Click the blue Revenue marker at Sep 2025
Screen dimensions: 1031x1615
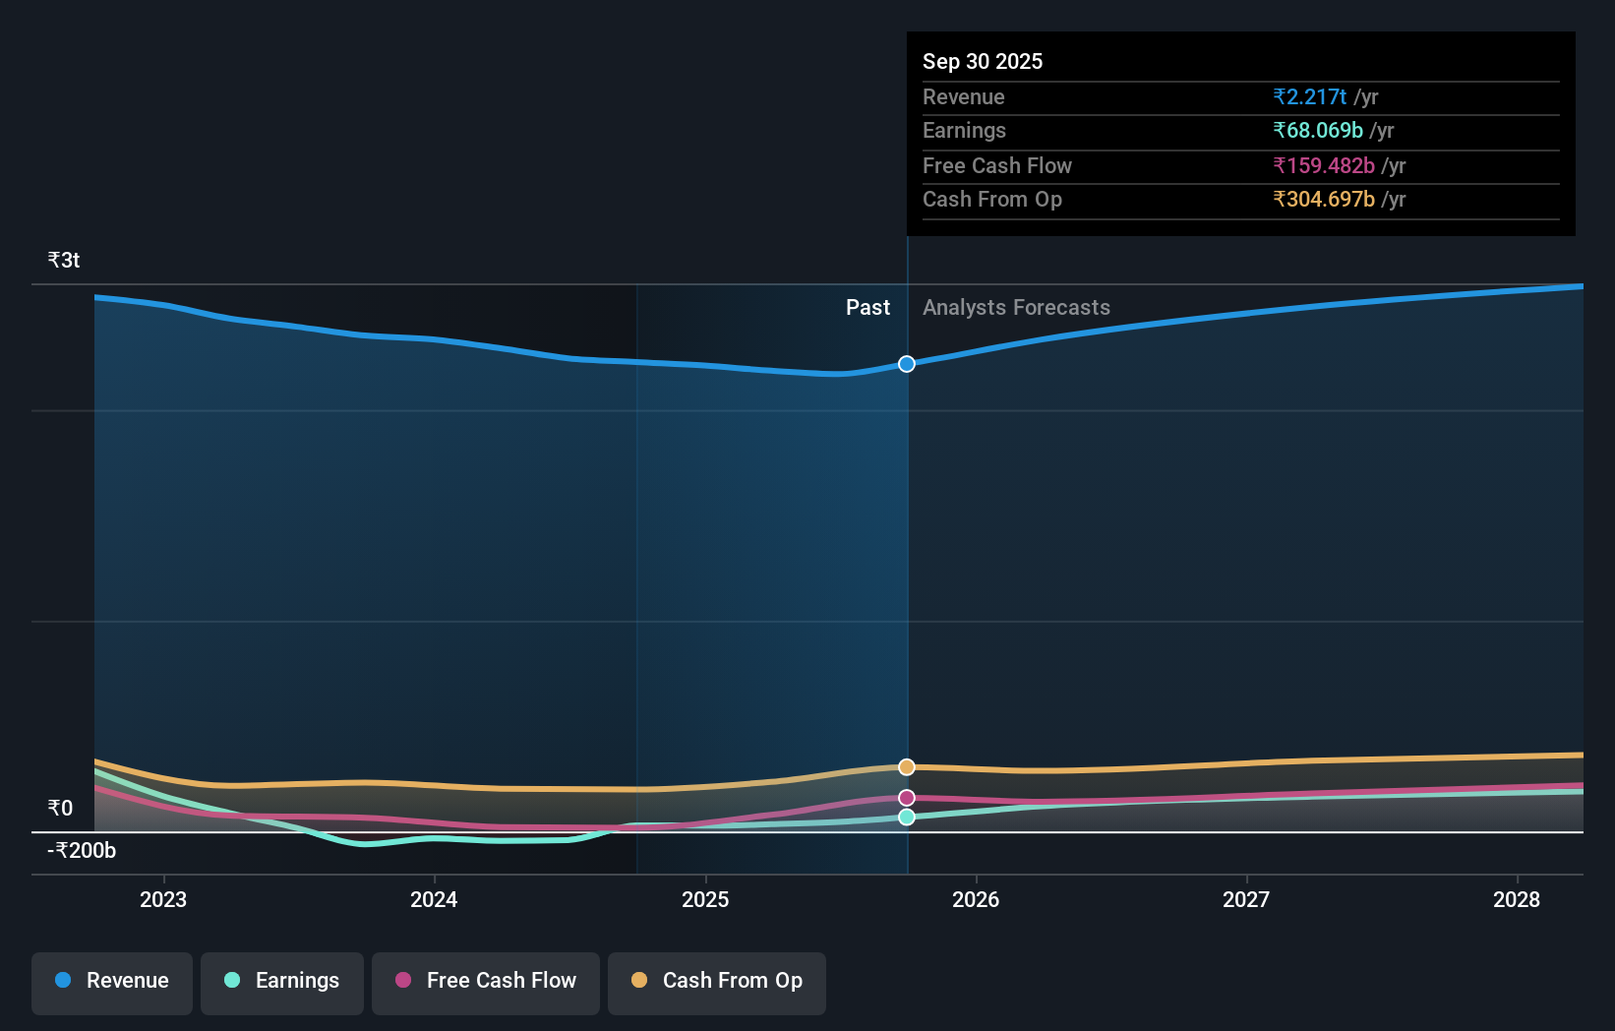tap(907, 364)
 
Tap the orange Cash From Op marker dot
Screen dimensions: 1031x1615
tap(907, 766)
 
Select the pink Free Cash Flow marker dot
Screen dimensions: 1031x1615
tap(907, 798)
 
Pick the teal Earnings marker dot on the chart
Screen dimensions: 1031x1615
tap(907, 818)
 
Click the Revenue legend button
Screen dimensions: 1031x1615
tap(112, 981)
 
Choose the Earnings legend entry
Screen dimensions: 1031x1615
tap(282, 981)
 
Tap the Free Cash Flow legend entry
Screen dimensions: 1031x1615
tap(486, 981)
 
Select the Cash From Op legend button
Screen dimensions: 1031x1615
tap(717, 981)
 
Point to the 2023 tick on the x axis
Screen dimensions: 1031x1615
tap(163, 899)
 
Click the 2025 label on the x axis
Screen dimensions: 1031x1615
tap(705, 899)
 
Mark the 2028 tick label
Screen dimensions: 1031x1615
tap(1517, 899)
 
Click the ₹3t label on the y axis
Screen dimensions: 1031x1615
tap(64, 261)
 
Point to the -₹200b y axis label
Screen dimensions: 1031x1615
tap(82, 851)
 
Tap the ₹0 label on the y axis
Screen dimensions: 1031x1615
tap(60, 809)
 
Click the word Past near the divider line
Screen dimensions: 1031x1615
tap(867, 308)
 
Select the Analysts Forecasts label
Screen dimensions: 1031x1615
tap(1016, 308)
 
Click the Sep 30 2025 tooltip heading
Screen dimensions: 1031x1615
tap(983, 61)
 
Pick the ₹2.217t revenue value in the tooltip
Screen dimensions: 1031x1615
tap(1309, 97)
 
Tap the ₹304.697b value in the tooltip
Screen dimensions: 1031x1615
tap(1323, 200)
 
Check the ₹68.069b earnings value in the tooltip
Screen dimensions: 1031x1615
tap(1317, 131)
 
